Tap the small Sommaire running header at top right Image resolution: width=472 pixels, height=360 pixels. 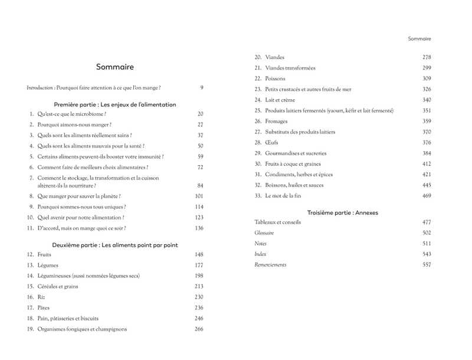pos(419,39)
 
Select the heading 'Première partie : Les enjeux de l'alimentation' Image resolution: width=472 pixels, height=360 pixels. pos(114,104)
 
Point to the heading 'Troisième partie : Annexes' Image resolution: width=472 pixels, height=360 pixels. pos(343,212)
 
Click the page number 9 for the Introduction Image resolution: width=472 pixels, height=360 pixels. pos(201,88)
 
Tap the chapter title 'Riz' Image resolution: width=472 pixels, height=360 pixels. pos(41,297)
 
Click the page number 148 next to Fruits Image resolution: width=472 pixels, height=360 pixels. pos(199,254)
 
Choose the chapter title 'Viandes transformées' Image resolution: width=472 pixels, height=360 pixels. pos(290,68)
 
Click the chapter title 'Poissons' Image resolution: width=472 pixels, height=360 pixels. pos(275,78)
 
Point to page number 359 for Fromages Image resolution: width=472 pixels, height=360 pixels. pos(427,121)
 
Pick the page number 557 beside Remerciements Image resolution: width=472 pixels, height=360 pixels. pos(427,265)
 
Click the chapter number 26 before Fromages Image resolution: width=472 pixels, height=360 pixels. pos(258,121)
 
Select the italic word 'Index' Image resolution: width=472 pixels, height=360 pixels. pos(260,254)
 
